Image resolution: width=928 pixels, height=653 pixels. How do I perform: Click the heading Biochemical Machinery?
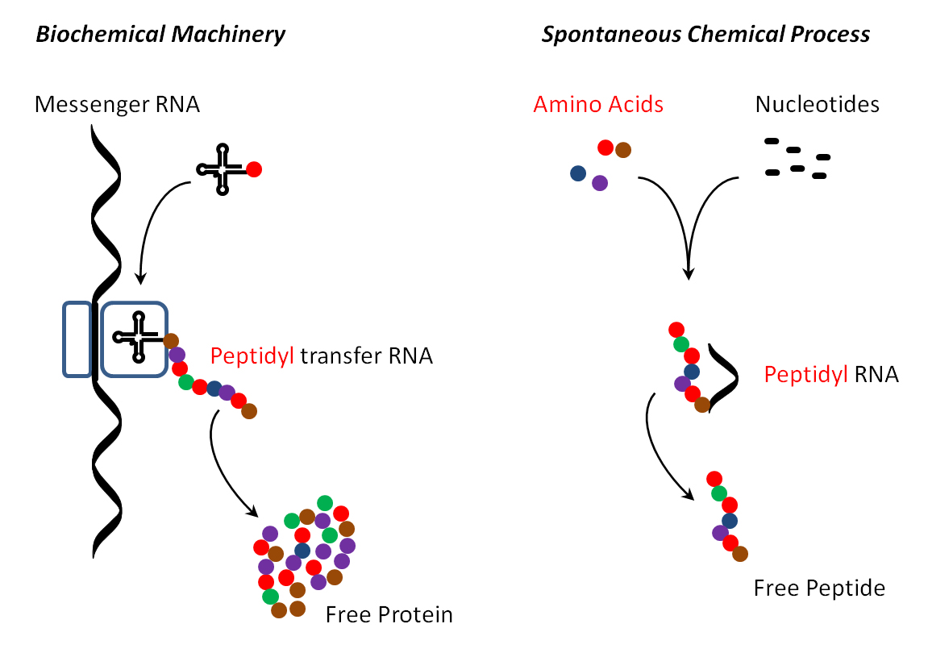click(160, 35)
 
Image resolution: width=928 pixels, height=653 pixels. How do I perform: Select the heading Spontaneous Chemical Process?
click(705, 35)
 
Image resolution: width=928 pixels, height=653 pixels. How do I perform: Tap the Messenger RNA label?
click(117, 104)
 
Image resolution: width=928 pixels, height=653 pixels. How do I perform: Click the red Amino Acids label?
click(598, 104)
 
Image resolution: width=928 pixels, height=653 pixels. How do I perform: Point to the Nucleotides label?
click(818, 104)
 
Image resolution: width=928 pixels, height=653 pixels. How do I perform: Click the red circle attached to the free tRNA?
click(254, 169)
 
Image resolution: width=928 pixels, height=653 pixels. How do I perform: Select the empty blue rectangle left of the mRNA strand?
click(77, 339)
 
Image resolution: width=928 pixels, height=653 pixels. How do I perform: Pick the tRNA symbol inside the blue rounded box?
click(139, 337)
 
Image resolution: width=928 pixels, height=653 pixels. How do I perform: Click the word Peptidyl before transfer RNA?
click(252, 356)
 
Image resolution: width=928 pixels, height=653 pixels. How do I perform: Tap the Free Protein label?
click(389, 614)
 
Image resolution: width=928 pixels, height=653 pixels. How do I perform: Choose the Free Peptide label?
click(819, 588)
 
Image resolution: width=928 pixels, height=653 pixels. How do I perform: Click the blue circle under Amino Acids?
click(578, 173)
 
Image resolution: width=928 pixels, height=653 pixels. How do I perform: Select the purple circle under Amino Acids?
click(600, 183)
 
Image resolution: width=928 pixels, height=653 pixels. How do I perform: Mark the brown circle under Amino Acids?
click(623, 150)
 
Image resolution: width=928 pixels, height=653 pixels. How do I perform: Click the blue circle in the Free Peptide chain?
click(730, 521)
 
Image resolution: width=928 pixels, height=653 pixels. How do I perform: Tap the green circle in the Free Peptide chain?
click(719, 493)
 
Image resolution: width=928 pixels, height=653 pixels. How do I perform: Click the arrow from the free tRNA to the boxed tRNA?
click(148, 220)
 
